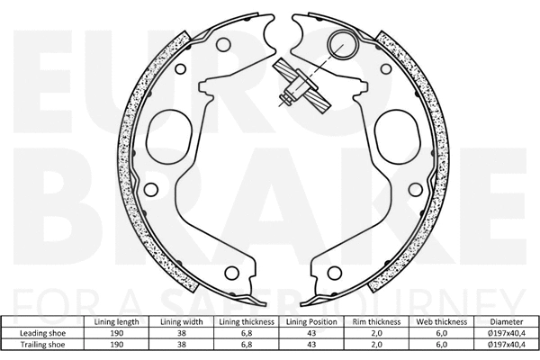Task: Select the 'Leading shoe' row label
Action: [x=45, y=332]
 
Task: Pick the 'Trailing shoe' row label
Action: [x=45, y=344]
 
